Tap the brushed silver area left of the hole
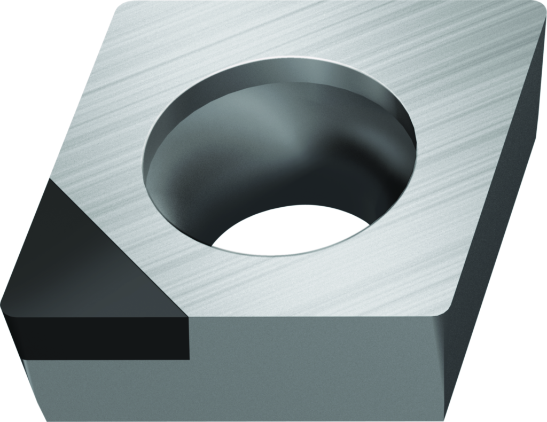(x=107, y=134)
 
